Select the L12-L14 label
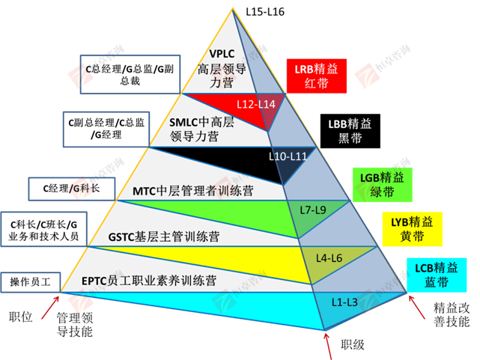pos(255,103)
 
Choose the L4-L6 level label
pos(330,257)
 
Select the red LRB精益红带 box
pos(315,75)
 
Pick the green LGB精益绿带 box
pos(378,184)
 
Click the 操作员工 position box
pos(29,281)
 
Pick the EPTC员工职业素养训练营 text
pos(149,281)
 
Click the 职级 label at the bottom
pos(353,344)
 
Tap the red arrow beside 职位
pos(49,304)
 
